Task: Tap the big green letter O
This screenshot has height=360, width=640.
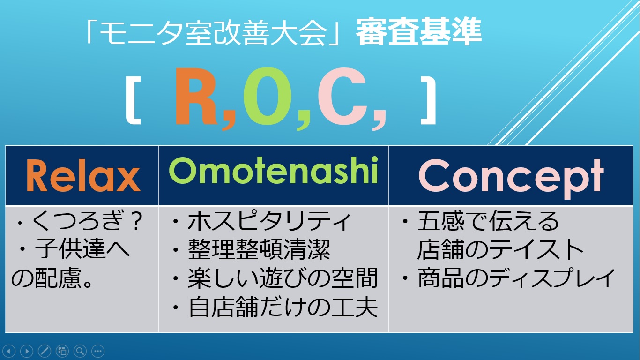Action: click(x=268, y=97)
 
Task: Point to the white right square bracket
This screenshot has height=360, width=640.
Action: click(x=428, y=102)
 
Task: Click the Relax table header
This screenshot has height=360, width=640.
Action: click(x=83, y=175)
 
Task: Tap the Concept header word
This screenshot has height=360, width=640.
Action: click(x=511, y=178)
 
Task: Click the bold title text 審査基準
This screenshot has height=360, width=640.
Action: click(x=419, y=31)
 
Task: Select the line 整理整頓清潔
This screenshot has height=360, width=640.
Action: click(x=259, y=249)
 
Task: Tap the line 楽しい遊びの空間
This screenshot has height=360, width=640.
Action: click(x=283, y=278)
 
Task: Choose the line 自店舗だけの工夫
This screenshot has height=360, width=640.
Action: click(x=283, y=307)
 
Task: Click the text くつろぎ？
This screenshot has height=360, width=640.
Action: click(x=88, y=220)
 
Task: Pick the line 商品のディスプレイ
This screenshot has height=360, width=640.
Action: click(x=516, y=277)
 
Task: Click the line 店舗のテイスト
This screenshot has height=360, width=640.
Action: click(x=500, y=249)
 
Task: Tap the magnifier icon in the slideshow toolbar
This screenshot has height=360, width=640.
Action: click(x=80, y=351)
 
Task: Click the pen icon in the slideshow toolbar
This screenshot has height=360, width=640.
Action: click(x=45, y=351)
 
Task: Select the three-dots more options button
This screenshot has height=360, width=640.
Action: click(x=98, y=351)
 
